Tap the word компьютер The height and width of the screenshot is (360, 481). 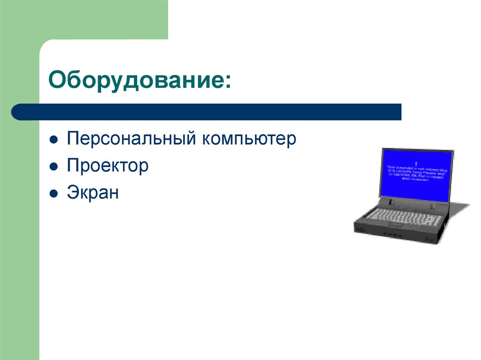click(x=249, y=139)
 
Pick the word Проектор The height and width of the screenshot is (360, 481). click(x=108, y=166)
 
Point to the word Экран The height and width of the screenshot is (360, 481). click(x=93, y=192)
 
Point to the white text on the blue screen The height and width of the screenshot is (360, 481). click(x=415, y=172)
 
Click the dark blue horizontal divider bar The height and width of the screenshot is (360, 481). click(x=211, y=112)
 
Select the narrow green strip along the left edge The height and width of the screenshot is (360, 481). click(x=19, y=235)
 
